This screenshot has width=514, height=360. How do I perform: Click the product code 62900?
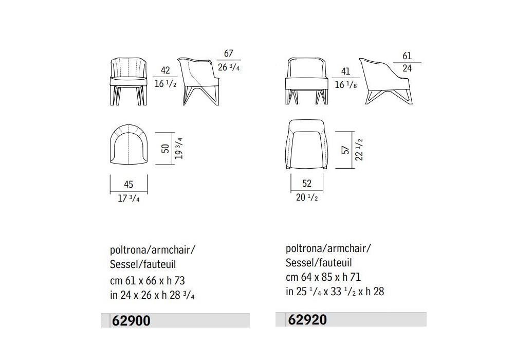131,320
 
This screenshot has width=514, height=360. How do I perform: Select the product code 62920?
307,320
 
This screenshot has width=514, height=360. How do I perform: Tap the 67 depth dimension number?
229,53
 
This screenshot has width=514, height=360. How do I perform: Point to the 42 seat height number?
165,70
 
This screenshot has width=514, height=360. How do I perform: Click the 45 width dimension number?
128,185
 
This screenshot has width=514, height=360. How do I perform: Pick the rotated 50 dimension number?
166,149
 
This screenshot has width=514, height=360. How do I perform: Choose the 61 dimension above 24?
407,56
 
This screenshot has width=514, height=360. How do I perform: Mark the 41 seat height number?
345,71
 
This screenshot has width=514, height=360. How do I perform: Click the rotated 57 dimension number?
345,150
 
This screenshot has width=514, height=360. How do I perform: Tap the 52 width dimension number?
307,183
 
